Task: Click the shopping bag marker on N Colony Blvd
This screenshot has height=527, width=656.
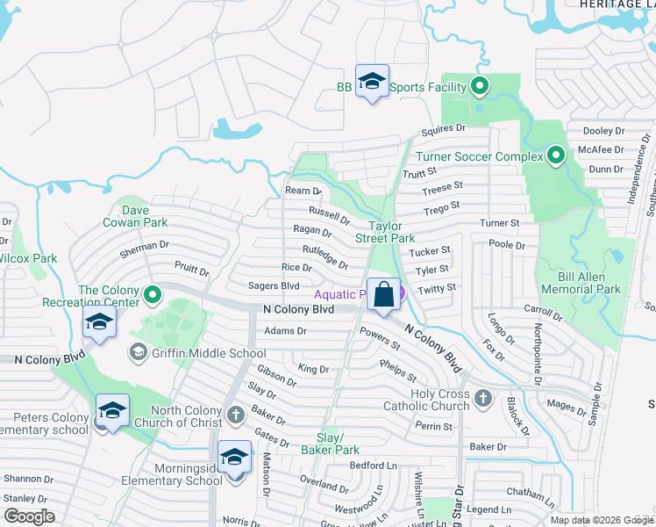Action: [x=384, y=294]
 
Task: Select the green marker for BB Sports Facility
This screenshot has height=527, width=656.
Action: [x=479, y=86]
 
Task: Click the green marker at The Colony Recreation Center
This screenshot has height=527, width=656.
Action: [x=153, y=294]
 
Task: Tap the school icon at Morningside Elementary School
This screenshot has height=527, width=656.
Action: [x=234, y=458]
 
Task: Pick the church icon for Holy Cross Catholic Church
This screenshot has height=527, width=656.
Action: [x=481, y=400]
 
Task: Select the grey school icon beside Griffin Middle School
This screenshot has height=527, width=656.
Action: [x=138, y=353]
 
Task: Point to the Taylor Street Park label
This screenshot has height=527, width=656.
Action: [x=384, y=232]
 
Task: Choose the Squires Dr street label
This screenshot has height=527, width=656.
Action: [x=442, y=130]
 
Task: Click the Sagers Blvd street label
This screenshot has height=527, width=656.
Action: [x=274, y=285]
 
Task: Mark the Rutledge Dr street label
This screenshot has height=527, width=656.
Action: [x=324, y=256]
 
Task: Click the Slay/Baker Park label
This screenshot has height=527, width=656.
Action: [x=339, y=443]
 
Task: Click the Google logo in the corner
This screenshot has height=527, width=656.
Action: [x=28, y=516]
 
